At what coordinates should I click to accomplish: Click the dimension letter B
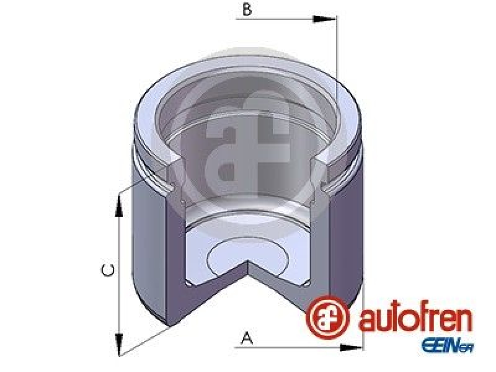pos(247,9)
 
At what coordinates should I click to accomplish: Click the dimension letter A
pos(247,338)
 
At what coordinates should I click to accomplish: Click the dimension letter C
pos(108,270)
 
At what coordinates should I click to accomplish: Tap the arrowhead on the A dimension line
pos(351,348)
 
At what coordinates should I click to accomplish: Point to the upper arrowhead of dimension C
pos(119,206)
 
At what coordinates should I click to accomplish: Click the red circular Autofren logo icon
pos(327,317)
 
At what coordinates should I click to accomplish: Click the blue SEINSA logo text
pos(447,345)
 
